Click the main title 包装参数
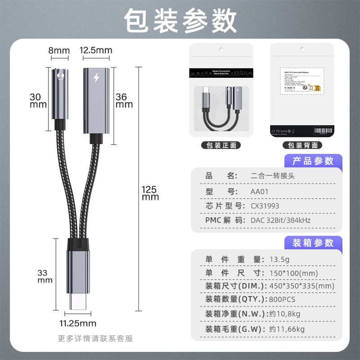click(180, 20)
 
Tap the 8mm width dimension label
click(59, 50)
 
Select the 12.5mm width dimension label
click(96, 50)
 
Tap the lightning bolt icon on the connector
click(95, 78)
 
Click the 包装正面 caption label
click(221, 145)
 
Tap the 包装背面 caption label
click(302, 145)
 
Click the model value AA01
click(261, 191)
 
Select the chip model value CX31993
click(265, 206)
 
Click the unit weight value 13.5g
click(279, 259)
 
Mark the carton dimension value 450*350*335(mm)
click(301, 286)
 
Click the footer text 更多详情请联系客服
click(95, 338)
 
